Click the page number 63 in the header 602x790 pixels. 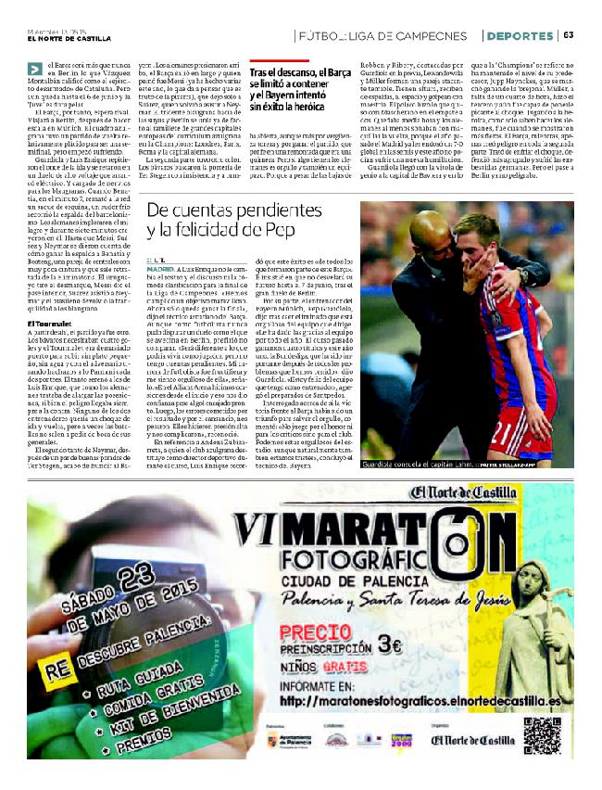(568, 35)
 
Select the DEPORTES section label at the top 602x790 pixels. (520, 35)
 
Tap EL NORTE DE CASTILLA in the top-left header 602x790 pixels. (69, 38)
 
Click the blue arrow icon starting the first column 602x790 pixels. (34, 67)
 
